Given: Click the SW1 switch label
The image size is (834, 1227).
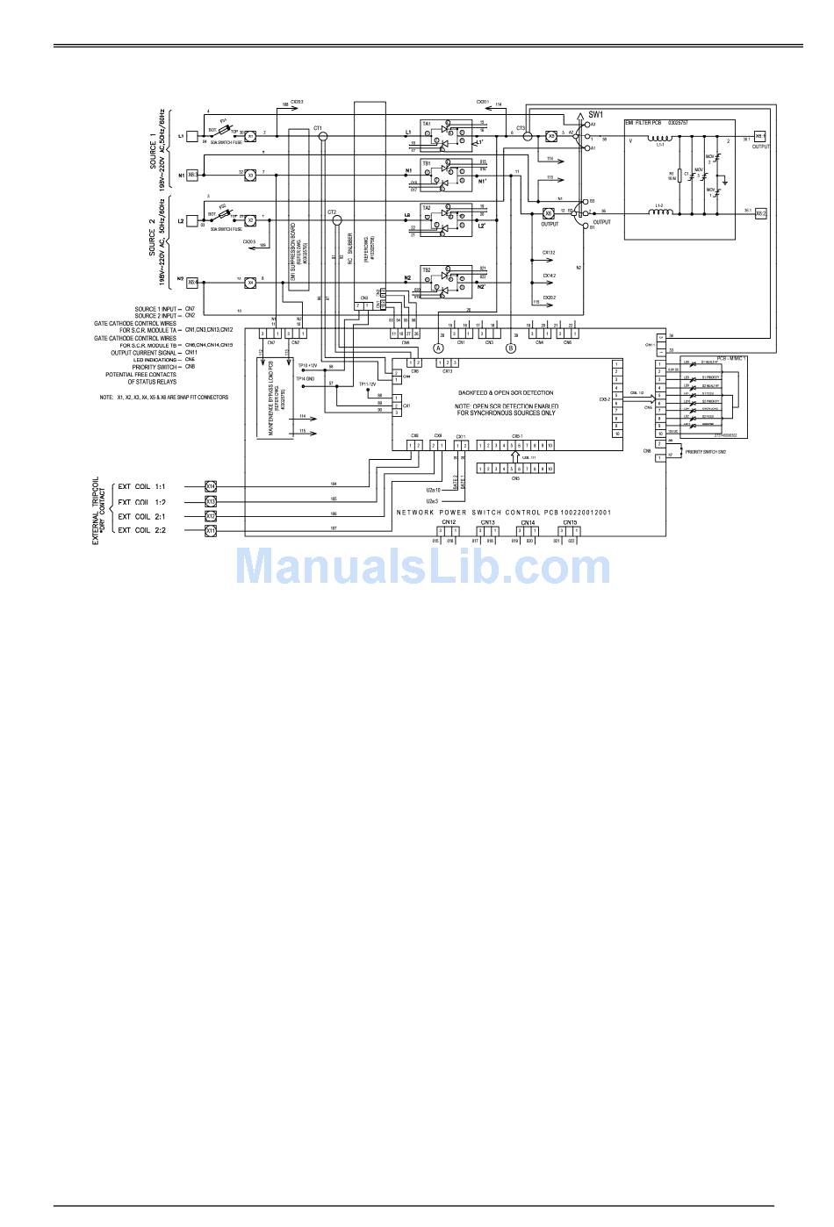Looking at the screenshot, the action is pos(596,115).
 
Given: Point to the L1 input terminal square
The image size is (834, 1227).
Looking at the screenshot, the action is pos(191,137).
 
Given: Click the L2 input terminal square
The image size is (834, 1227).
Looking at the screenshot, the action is pos(191,221).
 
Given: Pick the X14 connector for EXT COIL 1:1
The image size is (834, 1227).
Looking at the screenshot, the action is pos(211,485).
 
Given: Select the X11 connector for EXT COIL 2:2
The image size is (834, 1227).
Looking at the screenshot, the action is pos(211,531).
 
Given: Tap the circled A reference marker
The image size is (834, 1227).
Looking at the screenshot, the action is pos(438,348).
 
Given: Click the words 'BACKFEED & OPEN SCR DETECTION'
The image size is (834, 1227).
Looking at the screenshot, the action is pos(506,393).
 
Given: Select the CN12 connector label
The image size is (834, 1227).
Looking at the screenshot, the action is pos(449,522).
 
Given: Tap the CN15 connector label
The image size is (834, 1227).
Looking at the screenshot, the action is pos(570,522).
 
